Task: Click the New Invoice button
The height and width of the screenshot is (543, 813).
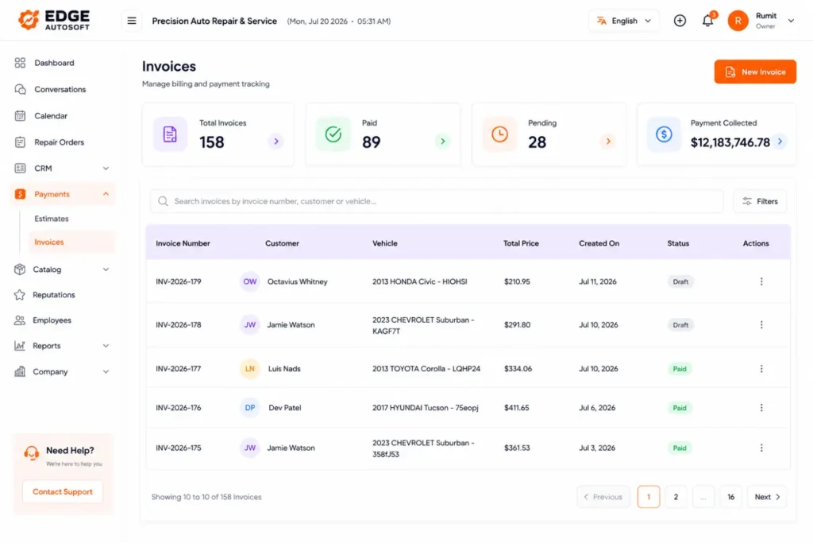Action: (x=755, y=72)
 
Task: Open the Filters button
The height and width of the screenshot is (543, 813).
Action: (x=760, y=201)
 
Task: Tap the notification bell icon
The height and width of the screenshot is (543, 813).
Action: (x=707, y=21)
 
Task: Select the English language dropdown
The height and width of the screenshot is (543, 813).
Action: (x=624, y=21)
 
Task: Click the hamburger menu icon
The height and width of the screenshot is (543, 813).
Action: (x=132, y=21)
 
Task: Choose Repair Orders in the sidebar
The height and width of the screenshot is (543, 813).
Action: (x=59, y=142)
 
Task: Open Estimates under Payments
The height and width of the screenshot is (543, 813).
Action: (x=52, y=219)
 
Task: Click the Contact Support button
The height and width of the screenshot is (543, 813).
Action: (x=63, y=491)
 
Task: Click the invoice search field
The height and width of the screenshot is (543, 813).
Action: (x=437, y=201)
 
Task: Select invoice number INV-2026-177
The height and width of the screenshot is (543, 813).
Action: (x=179, y=369)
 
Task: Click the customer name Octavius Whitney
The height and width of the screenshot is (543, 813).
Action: (x=298, y=281)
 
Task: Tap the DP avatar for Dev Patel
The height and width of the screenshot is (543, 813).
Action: (x=250, y=408)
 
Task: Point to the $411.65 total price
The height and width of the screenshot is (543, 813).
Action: (x=516, y=408)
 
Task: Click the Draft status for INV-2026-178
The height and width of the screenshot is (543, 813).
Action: (x=680, y=325)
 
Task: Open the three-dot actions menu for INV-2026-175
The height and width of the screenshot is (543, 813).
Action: (x=761, y=448)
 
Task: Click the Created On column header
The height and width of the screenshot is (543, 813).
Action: (x=599, y=243)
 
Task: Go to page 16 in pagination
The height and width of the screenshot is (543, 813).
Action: (x=730, y=497)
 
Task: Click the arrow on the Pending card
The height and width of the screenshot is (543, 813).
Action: (x=608, y=141)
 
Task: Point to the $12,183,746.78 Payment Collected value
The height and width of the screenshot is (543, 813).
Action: (x=730, y=142)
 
